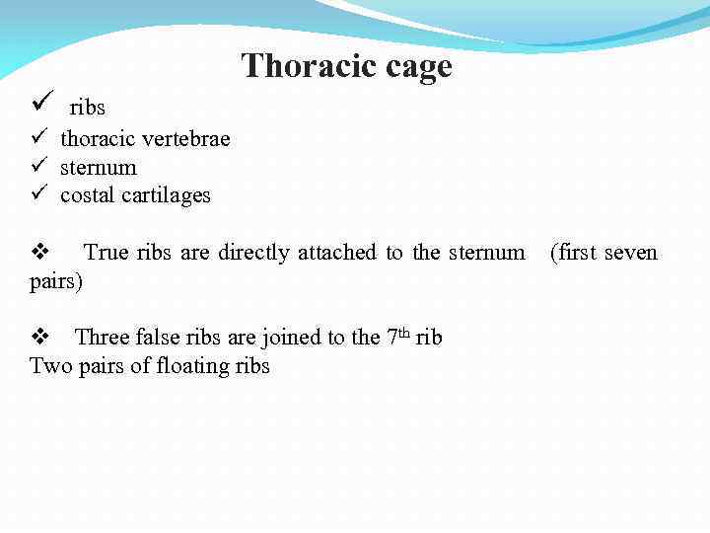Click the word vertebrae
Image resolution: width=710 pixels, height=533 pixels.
tap(189, 138)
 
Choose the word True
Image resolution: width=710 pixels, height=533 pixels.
tap(106, 253)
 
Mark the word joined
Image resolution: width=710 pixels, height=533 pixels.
tap(293, 338)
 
